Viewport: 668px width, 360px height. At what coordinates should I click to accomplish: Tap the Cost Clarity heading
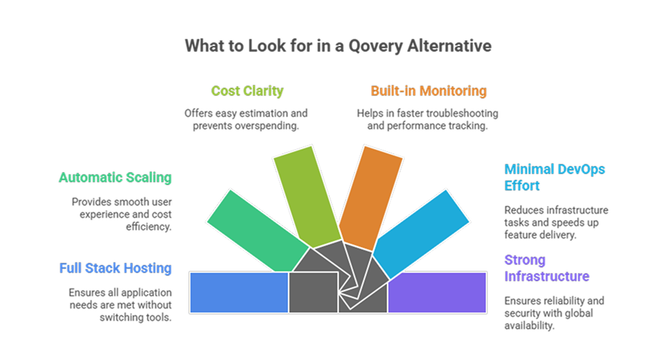247,91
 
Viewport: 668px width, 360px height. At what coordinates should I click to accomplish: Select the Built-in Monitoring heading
428,91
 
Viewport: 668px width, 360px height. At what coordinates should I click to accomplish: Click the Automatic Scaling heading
115,177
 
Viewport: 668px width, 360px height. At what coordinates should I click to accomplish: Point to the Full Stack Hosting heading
115,268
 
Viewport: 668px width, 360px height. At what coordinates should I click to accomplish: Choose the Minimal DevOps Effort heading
555,177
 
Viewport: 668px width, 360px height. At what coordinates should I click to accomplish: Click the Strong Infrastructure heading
546,268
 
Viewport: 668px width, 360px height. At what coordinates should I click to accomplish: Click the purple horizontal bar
437,292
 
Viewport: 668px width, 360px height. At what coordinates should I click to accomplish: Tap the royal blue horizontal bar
238,292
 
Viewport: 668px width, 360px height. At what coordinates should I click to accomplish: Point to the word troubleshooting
461,113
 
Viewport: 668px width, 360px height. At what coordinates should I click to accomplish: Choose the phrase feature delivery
536,235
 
